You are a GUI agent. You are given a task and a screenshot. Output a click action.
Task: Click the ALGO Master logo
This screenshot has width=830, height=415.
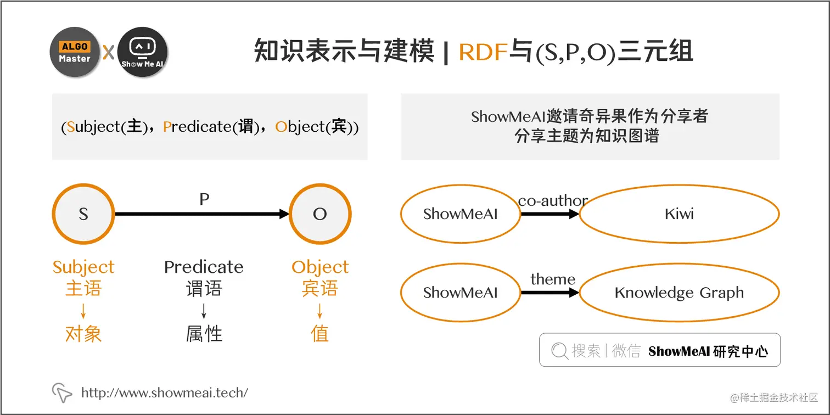(75, 52)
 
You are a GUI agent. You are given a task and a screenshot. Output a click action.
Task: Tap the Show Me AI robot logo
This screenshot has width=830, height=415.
(142, 52)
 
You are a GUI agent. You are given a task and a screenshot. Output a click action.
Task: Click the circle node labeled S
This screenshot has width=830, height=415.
(83, 214)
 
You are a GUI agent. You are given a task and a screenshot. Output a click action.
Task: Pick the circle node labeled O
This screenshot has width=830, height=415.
(320, 214)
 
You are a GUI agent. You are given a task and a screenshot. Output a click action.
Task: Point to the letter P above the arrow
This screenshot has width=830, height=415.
(204, 199)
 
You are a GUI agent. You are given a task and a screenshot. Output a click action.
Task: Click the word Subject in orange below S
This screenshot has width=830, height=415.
(83, 267)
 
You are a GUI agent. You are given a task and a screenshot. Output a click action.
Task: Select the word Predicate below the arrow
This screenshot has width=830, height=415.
(204, 267)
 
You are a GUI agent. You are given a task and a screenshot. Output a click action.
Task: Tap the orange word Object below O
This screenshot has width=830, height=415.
(320, 267)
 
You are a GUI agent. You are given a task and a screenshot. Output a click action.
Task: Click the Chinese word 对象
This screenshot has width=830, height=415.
(83, 334)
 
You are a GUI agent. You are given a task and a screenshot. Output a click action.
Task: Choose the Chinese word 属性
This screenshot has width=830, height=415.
(204, 334)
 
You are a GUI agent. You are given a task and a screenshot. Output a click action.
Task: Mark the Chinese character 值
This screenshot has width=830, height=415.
(320, 334)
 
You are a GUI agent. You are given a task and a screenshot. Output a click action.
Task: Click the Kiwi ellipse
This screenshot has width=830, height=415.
(679, 214)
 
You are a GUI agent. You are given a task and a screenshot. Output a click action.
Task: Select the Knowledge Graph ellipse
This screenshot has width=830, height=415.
(679, 293)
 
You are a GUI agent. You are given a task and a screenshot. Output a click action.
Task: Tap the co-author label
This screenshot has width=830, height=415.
(552, 200)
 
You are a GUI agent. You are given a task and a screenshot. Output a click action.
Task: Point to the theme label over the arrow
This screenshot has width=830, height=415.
(552, 279)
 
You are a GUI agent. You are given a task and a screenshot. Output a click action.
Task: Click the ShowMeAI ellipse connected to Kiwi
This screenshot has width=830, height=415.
(460, 214)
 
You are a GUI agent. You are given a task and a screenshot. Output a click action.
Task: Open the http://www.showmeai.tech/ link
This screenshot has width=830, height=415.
(165, 392)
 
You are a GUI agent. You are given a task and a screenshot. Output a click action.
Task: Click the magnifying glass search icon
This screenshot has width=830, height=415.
(559, 351)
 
